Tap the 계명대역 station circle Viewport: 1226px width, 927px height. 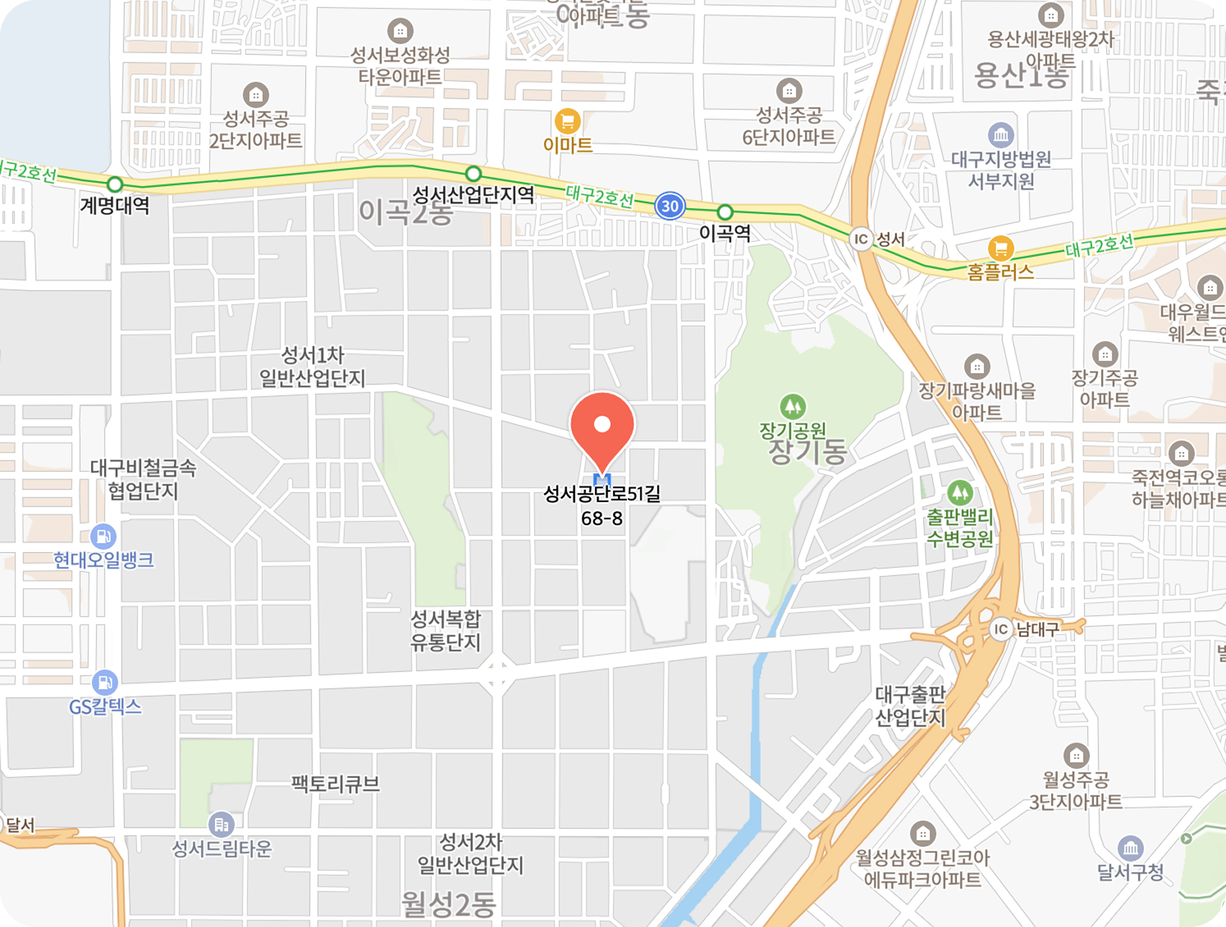pyautogui.click(x=115, y=185)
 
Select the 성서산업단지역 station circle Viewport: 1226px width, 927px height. pyautogui.click(x=474, y=174)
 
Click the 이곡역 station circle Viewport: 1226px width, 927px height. pyautogui.click(x=725, y=212)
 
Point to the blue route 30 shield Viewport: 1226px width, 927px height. pyautogui.click(x=670, y=206)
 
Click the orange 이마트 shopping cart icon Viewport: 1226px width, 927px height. pyautogui.click(x=567, y=121)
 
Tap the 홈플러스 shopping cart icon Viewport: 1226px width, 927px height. pyautogui.click(x=1000, y=248)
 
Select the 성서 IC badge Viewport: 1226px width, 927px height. pyautogui.click(x=861, y=238)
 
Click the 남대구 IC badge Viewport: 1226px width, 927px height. pyautogui.click(x=1001, y=628)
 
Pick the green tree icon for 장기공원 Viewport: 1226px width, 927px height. pyautogui.click(x=792, y=406)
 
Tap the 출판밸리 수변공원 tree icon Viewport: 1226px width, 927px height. pyautogui.click(x=959, y=493)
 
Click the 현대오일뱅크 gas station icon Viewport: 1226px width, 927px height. pyautogui.click(x=103, y=537)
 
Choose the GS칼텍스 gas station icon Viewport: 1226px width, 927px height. pyautogui.click(x=105, y=682)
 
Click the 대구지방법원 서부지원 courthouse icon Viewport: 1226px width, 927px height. pyautogui.click(x=1001, y=135)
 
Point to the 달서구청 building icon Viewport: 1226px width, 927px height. pyautogui.click(x=1130, y=848)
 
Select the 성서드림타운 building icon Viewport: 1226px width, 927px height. pyautogui.click(x=221, y=825)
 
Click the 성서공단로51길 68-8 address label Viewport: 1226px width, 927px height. pyautogui.click(x=602, y=506)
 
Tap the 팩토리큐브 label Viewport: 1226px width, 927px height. pyautogui.click(x=336, y=784)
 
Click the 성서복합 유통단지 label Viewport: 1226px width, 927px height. pyautogui.click(x=446, y=631)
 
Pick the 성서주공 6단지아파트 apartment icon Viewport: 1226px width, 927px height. pyautogui.click(x=789, y=92)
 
